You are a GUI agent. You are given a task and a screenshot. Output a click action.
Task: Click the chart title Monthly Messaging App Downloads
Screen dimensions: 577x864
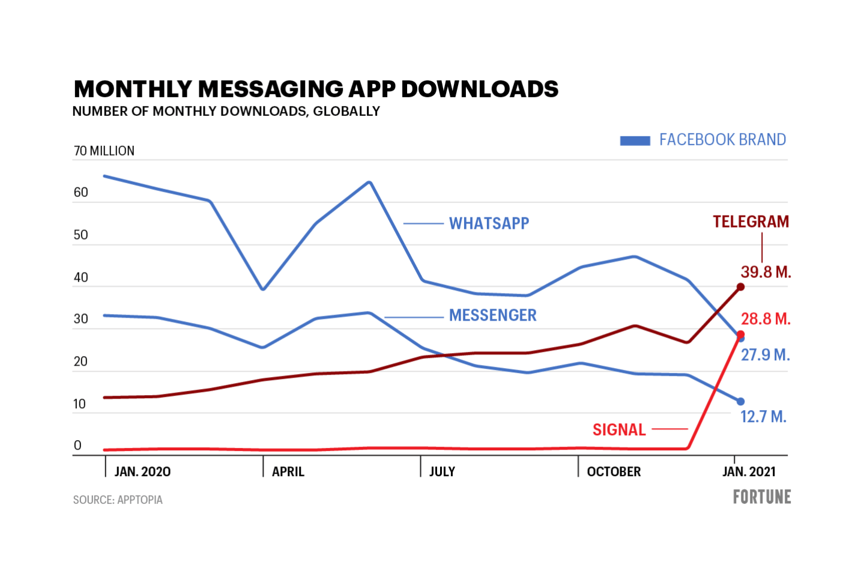pyautogui.click(x=316, y=89)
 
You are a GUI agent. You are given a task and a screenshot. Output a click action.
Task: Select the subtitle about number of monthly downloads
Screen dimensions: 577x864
pyautogui.click(x=226, y=111)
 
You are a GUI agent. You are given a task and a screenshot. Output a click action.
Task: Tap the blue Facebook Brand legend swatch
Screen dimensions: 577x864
pyautogui.click(x=635, y=140)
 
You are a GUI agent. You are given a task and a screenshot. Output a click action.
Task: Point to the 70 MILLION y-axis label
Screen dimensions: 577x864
pyautogui.click(x=104, y=151)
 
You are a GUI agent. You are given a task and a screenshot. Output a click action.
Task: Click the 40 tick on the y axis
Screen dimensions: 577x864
pyautogui.click(x=80, y=277)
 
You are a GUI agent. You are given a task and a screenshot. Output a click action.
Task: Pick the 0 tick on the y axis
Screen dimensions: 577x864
pyautogui.click(x=77, y=446)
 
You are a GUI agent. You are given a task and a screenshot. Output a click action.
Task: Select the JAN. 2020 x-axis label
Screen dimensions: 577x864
pyautogui.click(x=142, y=472)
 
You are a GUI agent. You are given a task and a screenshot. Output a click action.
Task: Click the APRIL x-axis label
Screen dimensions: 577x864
pyautogui.click(x=288, y=472)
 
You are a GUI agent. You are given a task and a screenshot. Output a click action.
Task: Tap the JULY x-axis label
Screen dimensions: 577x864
pyautogui.click(x=442, y=472)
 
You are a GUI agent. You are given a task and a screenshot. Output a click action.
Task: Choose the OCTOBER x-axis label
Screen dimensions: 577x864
pyautogui.click(x=614, y=472)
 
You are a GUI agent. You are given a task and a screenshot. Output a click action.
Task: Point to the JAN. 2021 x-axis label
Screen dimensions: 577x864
pyautogui.click(x=749, y=472)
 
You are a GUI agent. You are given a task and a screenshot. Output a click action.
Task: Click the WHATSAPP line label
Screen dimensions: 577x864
pyautogui.click(x=489, y=223)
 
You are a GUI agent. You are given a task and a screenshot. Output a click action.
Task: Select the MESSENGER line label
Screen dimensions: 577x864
pyautogui.click(x=492, y=315)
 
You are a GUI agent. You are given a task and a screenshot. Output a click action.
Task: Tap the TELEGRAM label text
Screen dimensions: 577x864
pyautogui.click(x=751, y=222)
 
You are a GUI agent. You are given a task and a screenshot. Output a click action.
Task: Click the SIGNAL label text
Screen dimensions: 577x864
pyautogui.click(x=619, y=430)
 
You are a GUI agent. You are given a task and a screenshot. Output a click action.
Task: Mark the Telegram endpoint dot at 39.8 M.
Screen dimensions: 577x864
pyautogui.click(x=740, y=287)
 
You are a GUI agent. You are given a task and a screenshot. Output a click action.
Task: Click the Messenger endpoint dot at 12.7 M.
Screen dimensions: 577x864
pyautogui.click(x=740, y=402)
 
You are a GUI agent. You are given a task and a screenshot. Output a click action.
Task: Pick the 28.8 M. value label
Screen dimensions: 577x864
pyautogui.click(x=766, y=319)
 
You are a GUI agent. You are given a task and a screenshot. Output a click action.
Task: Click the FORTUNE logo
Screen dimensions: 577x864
pyautogui.click(x=762, y=497)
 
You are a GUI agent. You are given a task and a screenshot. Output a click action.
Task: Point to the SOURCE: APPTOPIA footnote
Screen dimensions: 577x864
pyautogui.click(x=118, y=500)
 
